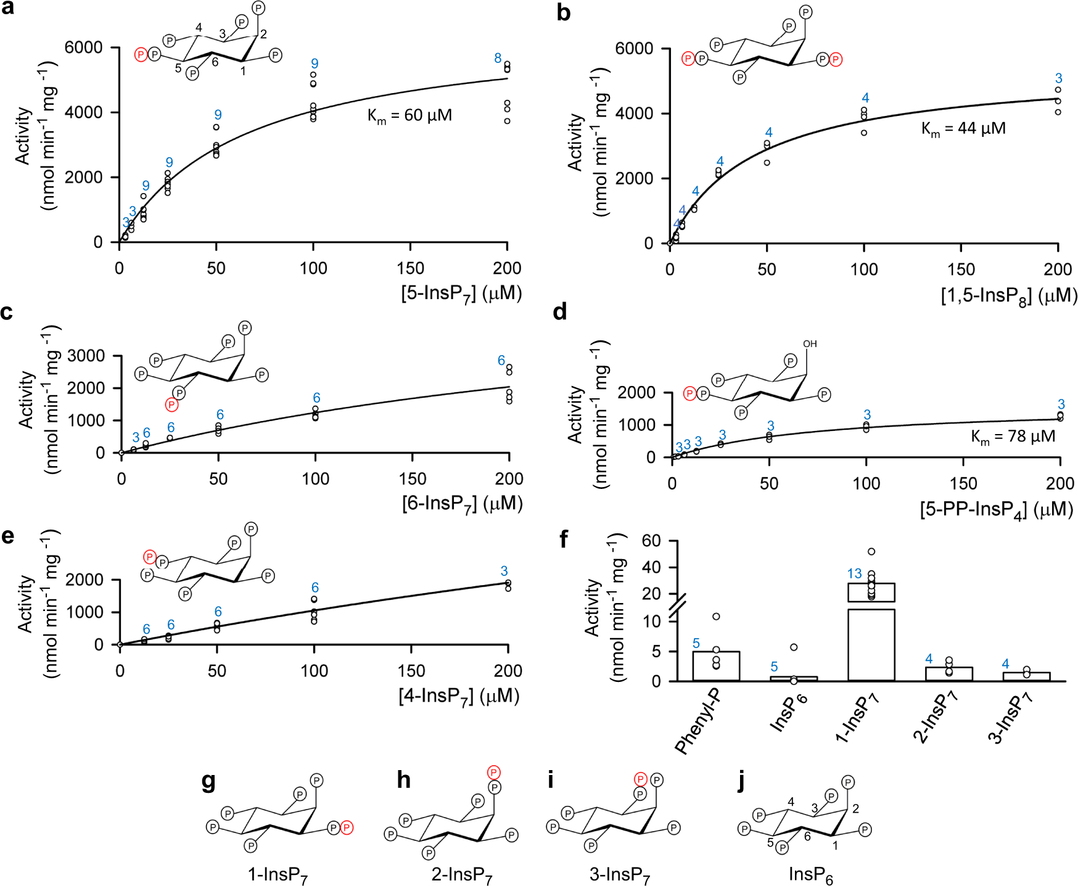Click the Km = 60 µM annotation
(409, 116)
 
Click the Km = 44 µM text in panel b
(963, 129)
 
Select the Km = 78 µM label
(1013, 437)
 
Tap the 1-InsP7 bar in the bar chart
(871, 641)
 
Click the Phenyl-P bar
(715, 666)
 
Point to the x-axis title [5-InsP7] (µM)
(461, 293)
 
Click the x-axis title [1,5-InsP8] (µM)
(1009, 296)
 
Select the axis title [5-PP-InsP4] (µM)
(997, 510)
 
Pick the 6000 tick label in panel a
(83, 47)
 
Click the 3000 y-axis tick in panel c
(86, 356)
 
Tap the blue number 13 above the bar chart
(854, 574)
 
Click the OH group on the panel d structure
(810, 343)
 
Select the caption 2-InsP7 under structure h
(462, 875)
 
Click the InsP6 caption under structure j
(811, 875)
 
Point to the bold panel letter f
(563, 539)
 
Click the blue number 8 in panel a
(498, 58)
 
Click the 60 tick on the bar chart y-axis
(651, 541)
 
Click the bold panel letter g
(208, 781)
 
